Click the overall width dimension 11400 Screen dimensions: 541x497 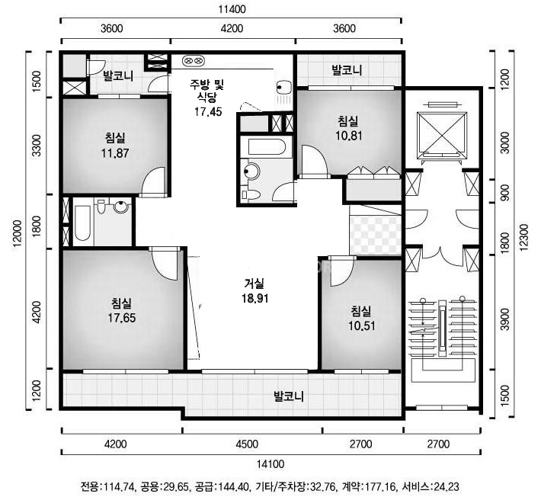point(232,9)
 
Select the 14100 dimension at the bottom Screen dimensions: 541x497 point(270,464)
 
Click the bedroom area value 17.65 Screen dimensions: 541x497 point(122,318)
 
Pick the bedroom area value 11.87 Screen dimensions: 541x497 point(115,153)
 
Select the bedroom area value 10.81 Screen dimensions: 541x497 point(349,136)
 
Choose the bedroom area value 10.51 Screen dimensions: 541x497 point(362,325)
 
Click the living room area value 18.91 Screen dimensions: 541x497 point(254,298)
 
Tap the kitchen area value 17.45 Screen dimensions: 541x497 point(208,111)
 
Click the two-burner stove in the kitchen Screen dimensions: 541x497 point(194,61)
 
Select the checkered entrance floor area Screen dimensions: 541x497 point(376,235)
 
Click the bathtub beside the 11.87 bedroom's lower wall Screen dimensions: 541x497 point(82,223)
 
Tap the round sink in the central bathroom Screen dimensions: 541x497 point(251,171)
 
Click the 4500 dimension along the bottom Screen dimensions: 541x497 point(247,444)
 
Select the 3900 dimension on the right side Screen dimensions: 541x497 point(504,319)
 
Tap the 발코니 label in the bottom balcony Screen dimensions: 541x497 point(289,396)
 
